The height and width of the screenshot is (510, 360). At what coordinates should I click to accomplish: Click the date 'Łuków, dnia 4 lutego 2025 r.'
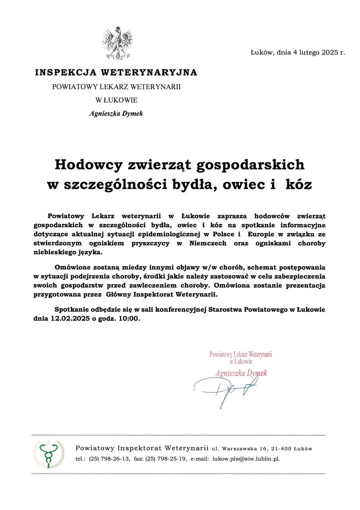tap(298, 52)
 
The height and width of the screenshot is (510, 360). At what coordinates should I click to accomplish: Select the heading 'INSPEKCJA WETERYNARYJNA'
tap(116, 73)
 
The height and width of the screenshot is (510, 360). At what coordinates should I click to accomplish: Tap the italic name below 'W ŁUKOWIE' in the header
tap(116, 114)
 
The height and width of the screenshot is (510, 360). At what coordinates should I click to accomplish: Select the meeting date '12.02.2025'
tap(70, 319)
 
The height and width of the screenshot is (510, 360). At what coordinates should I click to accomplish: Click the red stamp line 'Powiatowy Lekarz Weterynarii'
tap(241, 354)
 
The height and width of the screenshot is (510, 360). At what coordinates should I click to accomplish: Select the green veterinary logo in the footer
tap(48, 454)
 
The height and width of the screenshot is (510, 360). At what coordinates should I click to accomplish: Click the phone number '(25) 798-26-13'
tap(109, 459)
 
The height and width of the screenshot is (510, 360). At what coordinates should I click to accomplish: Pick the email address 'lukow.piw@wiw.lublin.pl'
tap(246, 459)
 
